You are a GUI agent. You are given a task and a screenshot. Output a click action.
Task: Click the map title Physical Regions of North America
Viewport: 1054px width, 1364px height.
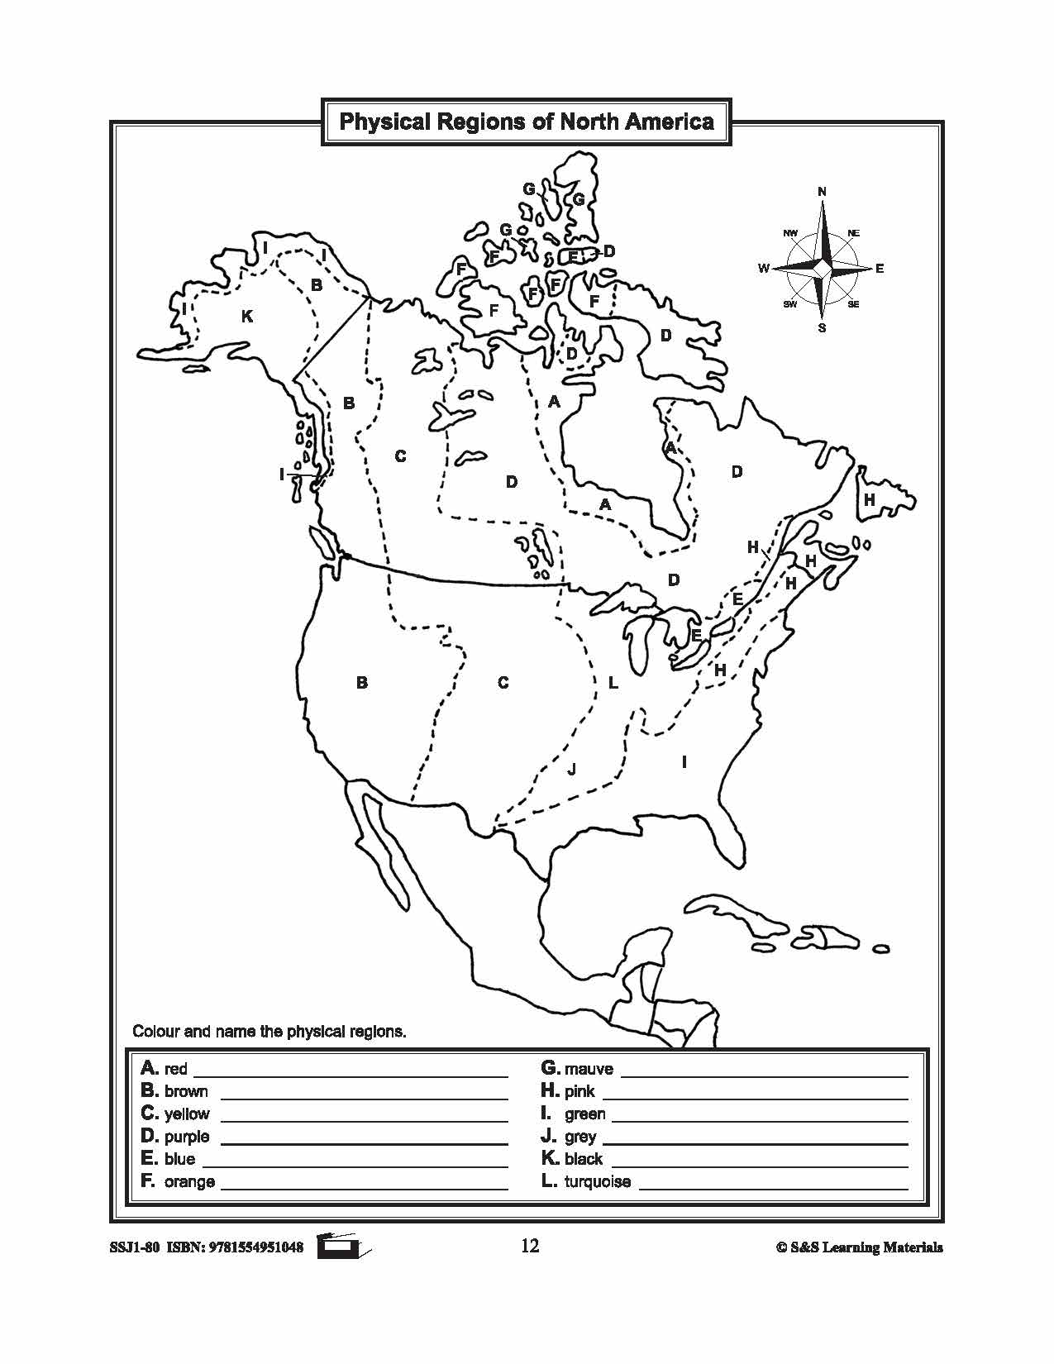pyautogui.click(x=527, y=122)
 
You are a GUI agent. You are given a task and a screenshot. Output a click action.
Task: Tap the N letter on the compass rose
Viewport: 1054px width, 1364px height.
pyautogui.click(x=822, y=192)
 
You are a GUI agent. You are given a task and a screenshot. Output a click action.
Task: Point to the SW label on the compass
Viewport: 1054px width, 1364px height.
pyautogui.click(x=790, y=305)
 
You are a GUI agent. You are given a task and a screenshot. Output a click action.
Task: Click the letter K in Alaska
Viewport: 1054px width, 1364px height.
pyautogui.click(x=246, y=316)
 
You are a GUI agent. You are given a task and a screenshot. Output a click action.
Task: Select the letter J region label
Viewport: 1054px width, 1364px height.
pyautogui.click(x=571, y=770)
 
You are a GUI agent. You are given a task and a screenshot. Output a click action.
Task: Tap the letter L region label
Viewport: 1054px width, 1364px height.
pyautogui.click(x=613, y=684)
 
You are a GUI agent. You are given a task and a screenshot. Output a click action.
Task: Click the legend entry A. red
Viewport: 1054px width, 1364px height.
pyautogui.click(x=165, y=1068)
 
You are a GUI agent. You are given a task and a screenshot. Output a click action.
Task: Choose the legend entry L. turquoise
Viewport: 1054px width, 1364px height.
pyautogui.click(x=586, y=1181)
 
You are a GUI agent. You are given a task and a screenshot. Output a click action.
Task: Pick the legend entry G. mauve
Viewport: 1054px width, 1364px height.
pyautogui.click(x=577, y=1068)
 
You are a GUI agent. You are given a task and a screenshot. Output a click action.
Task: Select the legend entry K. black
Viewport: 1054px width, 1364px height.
pyautogui.click(x=572, y=1158)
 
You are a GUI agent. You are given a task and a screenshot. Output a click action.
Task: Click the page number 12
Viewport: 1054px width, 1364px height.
pyautogui.click(x=530, y=1246)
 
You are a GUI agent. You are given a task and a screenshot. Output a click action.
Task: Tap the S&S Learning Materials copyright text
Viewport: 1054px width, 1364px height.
pyautogui.click(x=859, y=1247)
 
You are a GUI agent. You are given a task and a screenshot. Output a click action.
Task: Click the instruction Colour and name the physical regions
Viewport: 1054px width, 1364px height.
pyautogui.click(x=269, y=1032)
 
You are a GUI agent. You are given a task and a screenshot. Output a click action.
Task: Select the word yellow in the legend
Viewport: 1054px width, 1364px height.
pyautogui.click(x=187, y=1114)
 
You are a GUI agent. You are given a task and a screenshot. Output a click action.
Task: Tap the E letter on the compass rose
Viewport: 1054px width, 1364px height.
pyautogui.click(x=880, y=269)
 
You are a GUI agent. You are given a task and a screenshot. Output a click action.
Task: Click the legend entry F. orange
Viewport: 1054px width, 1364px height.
pyautogui.click(x=178, y=1181)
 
